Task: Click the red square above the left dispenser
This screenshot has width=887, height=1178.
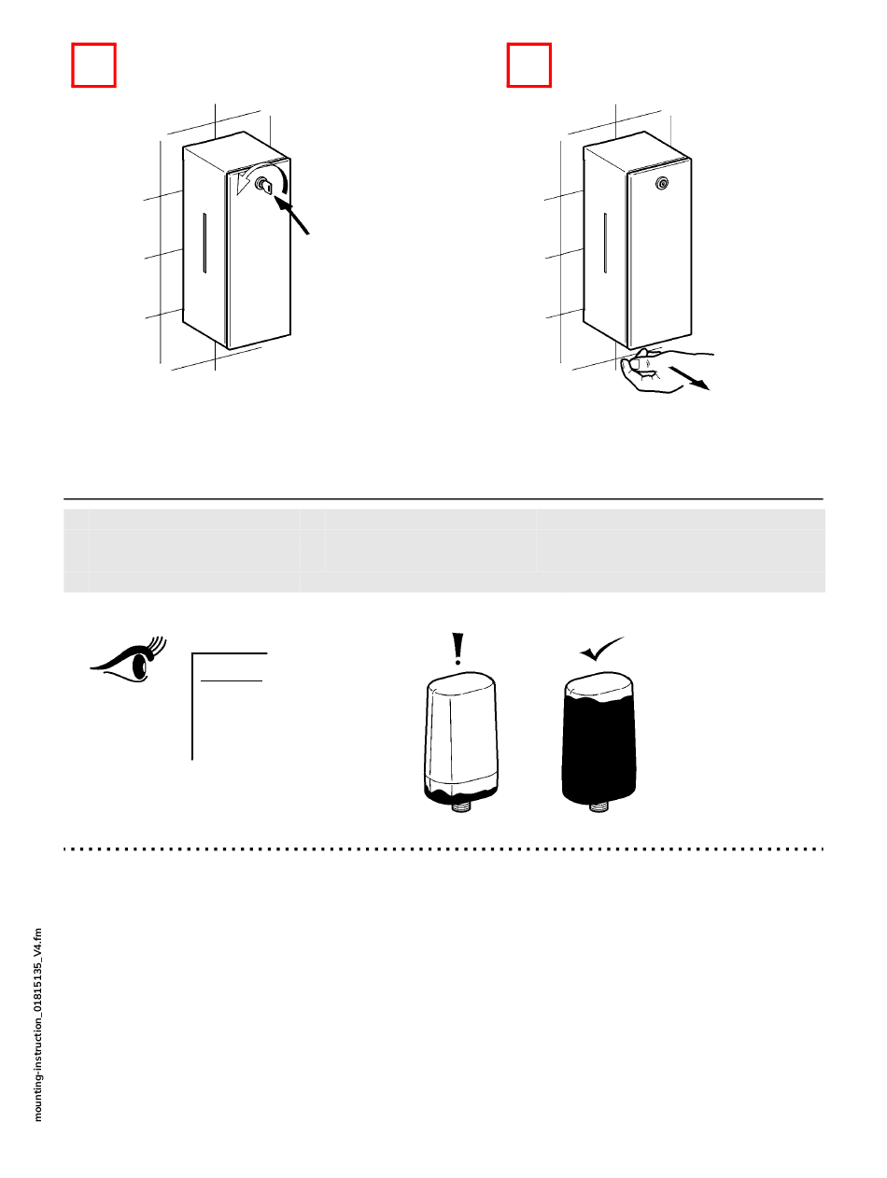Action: pyautogui.click(x=93, y=64)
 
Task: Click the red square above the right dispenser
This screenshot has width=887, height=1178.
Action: pyautogui.click(x=529, y=64)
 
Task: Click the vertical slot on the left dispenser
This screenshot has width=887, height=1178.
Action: pyautogui.click(x=204, y=244)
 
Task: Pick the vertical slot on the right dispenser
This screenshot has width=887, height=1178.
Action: pyautogui.click(x=606, y=243)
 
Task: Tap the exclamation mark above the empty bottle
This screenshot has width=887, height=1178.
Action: pyautogui.click(x=458, y=649)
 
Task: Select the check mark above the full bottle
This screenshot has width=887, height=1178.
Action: pyautogui.click(x=600, y=648)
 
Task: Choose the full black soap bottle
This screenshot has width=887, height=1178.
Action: pyautogui.click(x=599, y=737)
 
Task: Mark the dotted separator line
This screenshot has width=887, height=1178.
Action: pyautogui.click(x=443, y=849)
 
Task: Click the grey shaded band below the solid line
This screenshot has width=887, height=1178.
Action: pyautogui.click(x=443, y=551)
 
